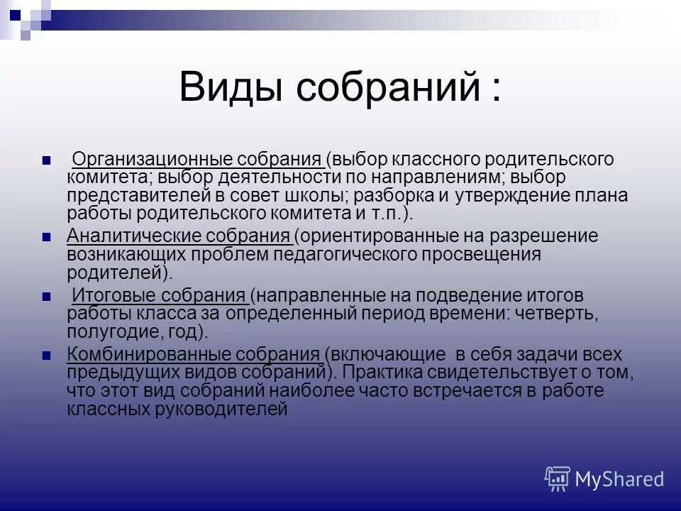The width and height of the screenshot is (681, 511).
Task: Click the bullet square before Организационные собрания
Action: coord(47,159)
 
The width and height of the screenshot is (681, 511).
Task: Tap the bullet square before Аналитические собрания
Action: coord(47,236)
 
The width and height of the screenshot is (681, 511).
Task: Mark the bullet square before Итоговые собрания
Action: coord(47,296)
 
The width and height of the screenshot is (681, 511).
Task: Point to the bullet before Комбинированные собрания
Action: coord(47,355)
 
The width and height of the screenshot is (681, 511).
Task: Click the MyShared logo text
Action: coord(619,479)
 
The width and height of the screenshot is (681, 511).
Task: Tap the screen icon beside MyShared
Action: coord(557,479)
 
